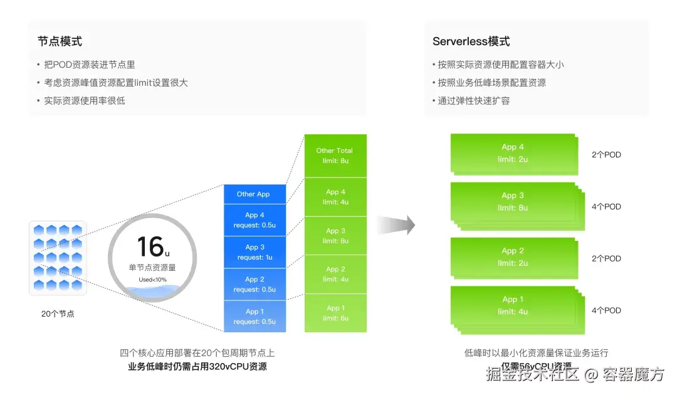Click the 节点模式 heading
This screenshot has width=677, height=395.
(x=60, y=41)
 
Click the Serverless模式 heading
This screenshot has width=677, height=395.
(x=471, y=41)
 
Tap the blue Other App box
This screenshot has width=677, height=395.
(x=255, y=194)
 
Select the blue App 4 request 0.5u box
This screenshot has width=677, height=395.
(x=255, y=220)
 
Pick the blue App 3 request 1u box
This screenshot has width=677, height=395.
(x=255, y=252)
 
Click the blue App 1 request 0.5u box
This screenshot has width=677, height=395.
(x=255, y=316)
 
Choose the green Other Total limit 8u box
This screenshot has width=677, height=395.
(x=335, y=155)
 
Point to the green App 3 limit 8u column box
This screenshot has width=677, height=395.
(x=335, y=236)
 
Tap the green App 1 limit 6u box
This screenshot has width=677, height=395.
(x=335, y=313)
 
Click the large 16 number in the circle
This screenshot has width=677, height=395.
(x=150, y=246)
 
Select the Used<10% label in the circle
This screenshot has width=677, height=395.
(x=152, y=279)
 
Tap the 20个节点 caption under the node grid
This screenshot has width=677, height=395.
(x=58, y=313)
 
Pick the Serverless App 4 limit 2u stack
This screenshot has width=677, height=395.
(x=513, y=153)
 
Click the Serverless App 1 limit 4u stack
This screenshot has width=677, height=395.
(x=513, y=305)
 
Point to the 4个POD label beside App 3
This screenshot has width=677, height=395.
(x=606, y=206)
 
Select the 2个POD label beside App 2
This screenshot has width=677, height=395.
(x=606, y=258)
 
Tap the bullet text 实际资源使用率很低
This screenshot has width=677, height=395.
(x=85, y=100)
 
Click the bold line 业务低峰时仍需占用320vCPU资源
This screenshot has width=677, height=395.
(x=197, y=367)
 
